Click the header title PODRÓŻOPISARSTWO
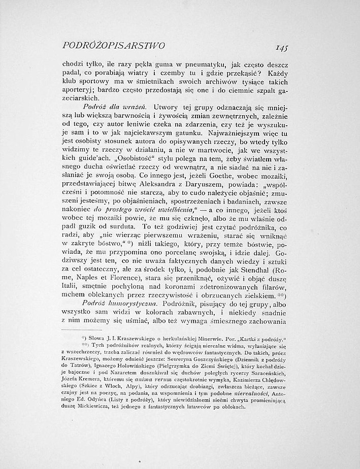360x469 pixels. point(112,46)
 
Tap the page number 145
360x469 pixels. point(278,47)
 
